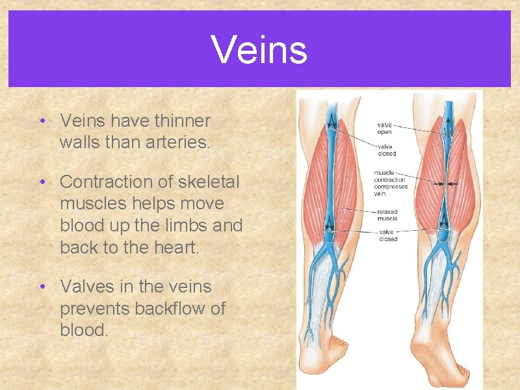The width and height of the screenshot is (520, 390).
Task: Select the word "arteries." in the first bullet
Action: click(178, 142)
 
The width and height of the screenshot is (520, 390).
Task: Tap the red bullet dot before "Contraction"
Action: click(42, 182)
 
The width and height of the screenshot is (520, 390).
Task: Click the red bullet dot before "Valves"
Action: click(42, 287)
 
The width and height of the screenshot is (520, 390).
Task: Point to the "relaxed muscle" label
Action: click(387, 215)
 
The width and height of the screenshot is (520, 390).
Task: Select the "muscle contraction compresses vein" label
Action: click(389, 183)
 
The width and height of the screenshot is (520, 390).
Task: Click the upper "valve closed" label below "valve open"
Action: click(386, 149)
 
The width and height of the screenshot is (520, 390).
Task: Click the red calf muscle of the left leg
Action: click(312, 175)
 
